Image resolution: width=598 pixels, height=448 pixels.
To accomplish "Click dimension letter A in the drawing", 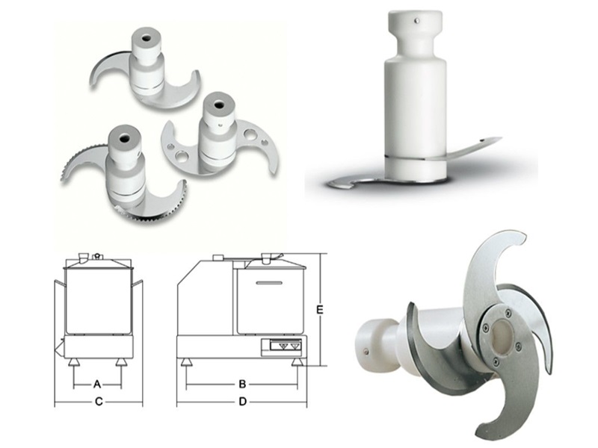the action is (x=97, y=384).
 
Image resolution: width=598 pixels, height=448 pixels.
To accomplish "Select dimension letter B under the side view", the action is (x=242, y=384).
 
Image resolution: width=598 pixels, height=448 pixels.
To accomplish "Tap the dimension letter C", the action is (x=99, y=402).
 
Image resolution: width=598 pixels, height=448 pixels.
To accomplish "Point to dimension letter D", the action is (x=242, y=402).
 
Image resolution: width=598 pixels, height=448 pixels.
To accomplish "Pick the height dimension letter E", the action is (x=320, y=310).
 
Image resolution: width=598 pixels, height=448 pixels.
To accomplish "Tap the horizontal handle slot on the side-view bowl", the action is (x=269, y=283).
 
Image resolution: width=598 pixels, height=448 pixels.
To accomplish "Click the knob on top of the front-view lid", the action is (x=98, y=255).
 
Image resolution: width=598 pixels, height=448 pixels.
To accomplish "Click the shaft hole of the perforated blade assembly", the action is (x=219, y=105).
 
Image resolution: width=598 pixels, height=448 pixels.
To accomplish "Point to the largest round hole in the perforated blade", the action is (x=250, y=134).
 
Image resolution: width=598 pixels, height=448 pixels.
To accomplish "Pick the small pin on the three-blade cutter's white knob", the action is (x=366, y=352).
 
